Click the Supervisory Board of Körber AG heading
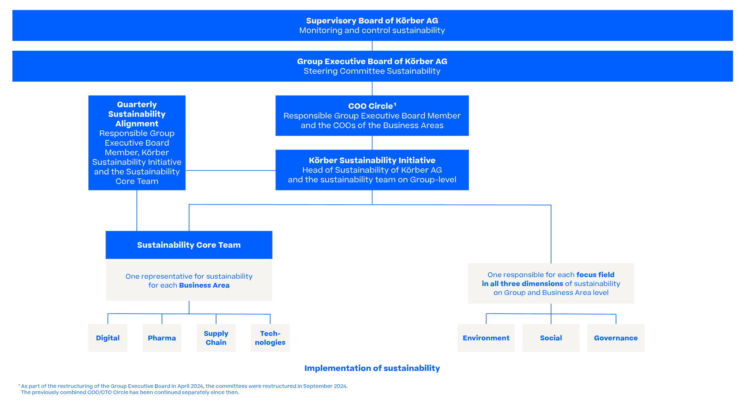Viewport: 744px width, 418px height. pyautogui.click(x=372, y=21)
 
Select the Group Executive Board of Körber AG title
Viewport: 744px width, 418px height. pyautogui.click(x=372, y=61)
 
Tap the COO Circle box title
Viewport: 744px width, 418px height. pyautogui.click(x=371, y=106)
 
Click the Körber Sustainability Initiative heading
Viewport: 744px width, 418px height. pyautogui.click(x=372, y=160)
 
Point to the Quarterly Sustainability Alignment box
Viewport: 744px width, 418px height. pyautogui.click(x=137, y=142)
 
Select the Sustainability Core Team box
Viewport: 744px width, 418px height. pyautogui.click(x=189, y=245)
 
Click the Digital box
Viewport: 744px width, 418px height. pyautogui.click(x=108, y=338)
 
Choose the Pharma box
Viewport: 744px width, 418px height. pyautogui.click(x=162, y=338)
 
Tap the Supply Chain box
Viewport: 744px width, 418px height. pyautogui.click(x=216, y=338)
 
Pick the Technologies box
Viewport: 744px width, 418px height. pyautogui.click(x=270, y=338)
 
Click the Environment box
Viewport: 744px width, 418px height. pyautogui.click(x=486, y=338)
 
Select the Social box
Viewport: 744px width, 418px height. pyautogui.click(x=551, y=338)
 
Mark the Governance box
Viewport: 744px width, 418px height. pyautogui.click(x=616, y=338)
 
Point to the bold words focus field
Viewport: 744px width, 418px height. pyautogui.click(x=595, y=275)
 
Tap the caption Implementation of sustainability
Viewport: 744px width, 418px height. pyautogui.click(x=372, y=368)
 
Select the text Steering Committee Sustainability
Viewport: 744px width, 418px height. pyautogui.click(x=372, y=71)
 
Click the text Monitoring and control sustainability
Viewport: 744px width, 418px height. pyautogui.click(x=372, y=31)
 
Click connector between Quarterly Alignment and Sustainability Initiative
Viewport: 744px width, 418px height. pyautogui.click(x=230, y=170)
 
